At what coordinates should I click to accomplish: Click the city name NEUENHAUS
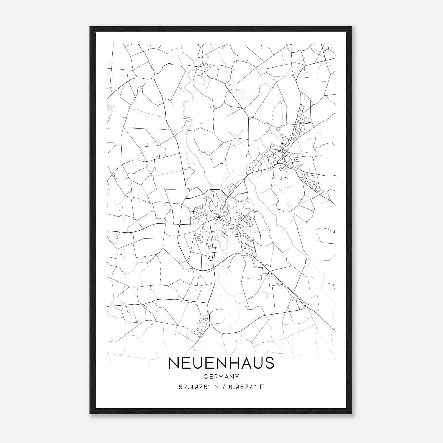[221, 363]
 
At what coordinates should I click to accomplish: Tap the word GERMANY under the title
[221, 377]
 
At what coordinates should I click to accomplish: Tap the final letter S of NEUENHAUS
[269, 363]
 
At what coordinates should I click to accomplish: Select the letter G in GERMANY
[205, 377]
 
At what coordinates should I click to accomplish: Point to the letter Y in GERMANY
[237, 377]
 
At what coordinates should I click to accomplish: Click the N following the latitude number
[216, 387]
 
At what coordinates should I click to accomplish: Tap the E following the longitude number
[262, 387]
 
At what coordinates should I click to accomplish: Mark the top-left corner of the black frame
[90, 27]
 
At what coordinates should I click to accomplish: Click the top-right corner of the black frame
[352, 27]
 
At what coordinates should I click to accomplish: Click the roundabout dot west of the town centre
[180, 224]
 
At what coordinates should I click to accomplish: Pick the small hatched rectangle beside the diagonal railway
[278, 282]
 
